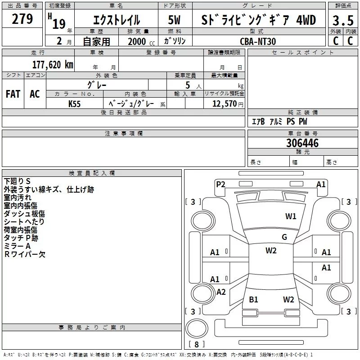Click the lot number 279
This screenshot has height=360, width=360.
coord(23,19)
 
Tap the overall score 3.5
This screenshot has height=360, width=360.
coord(342,21)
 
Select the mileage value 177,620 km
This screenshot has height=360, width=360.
coord(52,64)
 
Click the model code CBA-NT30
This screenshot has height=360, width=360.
coord(258,41)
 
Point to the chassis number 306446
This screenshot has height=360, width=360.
coord(302,143)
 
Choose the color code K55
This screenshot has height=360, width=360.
coord(75,103)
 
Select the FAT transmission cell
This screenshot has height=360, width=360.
coord(13,94)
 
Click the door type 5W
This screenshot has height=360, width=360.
coord(174,21)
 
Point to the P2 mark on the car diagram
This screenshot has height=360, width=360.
coord(220,184)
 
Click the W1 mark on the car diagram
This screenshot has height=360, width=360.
coord(291,216)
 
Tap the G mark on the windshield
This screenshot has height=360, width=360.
coord(284,237)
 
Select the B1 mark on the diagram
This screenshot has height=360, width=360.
coord(253,299)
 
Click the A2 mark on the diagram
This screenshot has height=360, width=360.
coord(221,292)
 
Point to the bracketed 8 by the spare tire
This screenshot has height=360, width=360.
coord(196,345)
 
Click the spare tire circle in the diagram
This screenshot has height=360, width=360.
coord(197,328)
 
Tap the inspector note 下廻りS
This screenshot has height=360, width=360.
coord(17,181)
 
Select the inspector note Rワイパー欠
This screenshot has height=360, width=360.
coord(25,254)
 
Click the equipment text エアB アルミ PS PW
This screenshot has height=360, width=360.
coord(279,121)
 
